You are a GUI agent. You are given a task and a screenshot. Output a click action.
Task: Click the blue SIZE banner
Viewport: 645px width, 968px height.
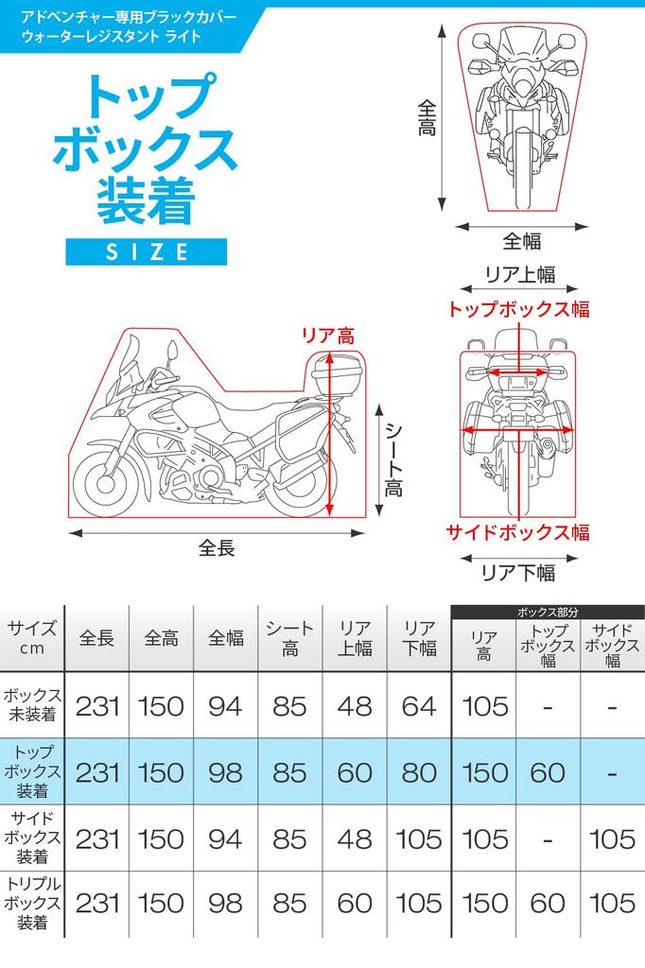pos(147,251)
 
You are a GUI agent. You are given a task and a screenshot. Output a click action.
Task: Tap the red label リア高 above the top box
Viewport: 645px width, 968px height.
pos(328,337)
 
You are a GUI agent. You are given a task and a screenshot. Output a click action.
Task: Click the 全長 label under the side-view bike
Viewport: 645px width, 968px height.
pos(217,547)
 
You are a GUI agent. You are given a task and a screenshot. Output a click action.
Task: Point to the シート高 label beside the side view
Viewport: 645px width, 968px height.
pos(393,460)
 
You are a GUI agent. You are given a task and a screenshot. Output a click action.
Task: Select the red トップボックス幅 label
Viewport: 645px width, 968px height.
pos(518,309)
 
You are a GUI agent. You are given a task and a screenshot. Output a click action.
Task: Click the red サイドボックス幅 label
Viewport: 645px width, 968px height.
pos(517,532)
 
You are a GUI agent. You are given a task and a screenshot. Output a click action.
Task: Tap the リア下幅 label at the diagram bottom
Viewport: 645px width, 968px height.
pos(517,573)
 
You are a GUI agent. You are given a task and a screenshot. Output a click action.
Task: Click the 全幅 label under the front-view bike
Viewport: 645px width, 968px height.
pos(521,241)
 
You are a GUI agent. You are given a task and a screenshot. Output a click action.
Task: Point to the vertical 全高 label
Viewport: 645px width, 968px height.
pos(427,117)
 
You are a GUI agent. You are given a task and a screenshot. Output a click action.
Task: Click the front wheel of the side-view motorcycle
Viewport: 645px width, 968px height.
pos(106,483)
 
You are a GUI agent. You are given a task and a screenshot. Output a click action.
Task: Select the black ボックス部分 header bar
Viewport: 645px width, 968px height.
pos(548,612)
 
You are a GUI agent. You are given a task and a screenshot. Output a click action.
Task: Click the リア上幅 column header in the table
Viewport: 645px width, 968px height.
pos(355,638)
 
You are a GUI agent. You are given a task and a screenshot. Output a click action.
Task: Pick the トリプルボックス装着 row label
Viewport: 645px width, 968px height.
pos(32,903)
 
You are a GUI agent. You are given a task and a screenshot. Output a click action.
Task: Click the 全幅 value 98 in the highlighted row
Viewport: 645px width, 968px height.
pos(225,773)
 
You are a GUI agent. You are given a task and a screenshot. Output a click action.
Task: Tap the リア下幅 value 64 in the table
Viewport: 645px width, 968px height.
pos(419,707)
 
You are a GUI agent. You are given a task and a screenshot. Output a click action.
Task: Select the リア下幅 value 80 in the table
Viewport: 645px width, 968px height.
pos(419,773)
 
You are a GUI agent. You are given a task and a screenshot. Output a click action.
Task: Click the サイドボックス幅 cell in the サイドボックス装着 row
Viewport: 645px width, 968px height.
pos(612,839)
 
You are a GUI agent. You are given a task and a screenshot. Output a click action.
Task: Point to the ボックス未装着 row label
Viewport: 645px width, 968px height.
pos(32,704)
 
